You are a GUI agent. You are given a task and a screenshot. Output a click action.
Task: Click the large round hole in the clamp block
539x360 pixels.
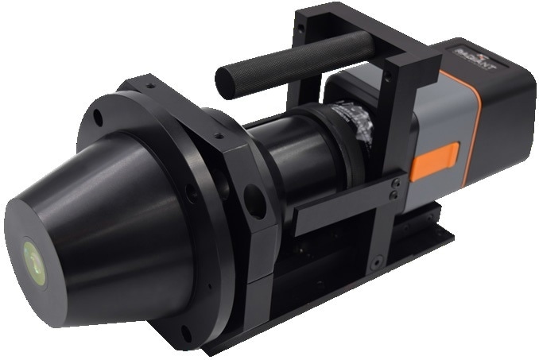[x=255, y=201]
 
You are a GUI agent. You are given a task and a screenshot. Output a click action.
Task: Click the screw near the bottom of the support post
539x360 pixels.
[x=378, y=260]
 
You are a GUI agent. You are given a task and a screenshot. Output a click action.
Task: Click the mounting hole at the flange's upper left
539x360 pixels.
[x=98, y=118]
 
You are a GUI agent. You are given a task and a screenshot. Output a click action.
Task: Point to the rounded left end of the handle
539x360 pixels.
[x=225, y=80]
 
